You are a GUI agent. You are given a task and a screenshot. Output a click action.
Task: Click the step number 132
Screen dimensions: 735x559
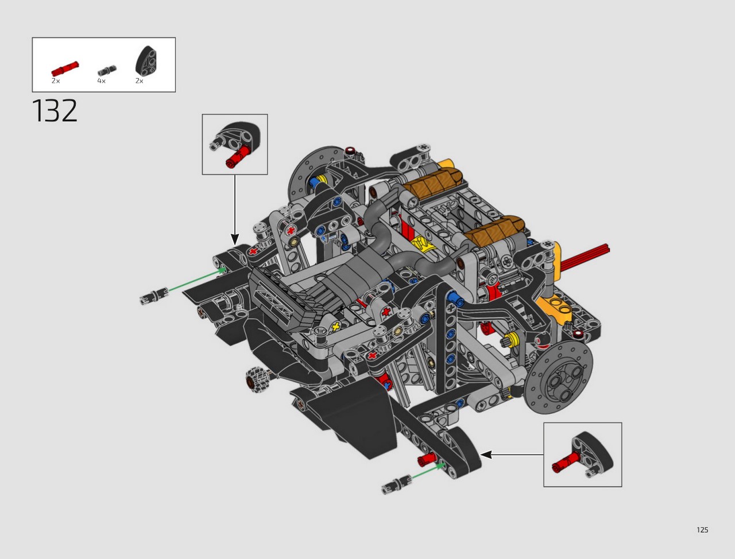pyautogui.click(x=55, y=111)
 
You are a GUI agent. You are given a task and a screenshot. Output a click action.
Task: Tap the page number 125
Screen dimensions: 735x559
pyautogui.click(x=702, y=530)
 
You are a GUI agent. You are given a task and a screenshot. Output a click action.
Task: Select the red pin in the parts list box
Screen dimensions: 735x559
pyautogui.click(x=65, y=68)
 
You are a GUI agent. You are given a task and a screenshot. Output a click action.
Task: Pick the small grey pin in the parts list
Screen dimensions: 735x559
pyautogui.click(x=107, y=71)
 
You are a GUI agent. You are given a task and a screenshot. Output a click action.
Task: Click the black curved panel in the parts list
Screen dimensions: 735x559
pyautogui.click(x=146, y=61)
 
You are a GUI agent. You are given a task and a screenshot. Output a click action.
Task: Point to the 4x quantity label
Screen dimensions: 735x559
pyautogui.click(x=101, y=81)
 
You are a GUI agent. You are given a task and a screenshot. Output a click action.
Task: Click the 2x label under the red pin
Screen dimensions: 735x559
pyautogui.click(x=56, y=81)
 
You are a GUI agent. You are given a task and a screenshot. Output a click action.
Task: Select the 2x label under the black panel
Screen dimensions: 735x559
pyautogui.click(x=140, y=81)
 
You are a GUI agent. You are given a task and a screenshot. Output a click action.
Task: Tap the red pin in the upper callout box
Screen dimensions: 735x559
pyautogui.click(x=237, y=156)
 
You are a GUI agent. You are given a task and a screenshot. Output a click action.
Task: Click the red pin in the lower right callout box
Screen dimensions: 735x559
pyautogui.click(x=566, y=460)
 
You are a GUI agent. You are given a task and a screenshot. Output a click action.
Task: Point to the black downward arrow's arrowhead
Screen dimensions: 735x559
pyautogui.click(x=235, y=239)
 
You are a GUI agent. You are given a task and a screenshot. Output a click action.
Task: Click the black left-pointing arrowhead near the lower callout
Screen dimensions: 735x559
pyautogui.click(x=486, y=455)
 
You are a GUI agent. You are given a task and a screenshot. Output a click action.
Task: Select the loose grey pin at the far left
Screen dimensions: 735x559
pyautogui.click(x=154, y=296)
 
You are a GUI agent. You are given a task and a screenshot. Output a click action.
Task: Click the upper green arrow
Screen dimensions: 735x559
pyautogui.click(x=197, y=279)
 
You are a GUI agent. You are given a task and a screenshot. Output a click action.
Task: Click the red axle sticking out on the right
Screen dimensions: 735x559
pyautogui.click(x=585, y=257)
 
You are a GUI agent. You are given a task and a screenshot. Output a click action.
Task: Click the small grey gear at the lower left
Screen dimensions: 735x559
pyautogui.click(x=256, y=379)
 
